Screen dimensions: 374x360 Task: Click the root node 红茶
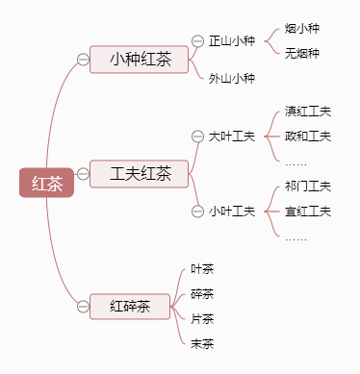tap(46, 183)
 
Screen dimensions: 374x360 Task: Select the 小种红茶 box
tap(140, 60)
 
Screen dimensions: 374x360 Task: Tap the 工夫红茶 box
tap(140, 174)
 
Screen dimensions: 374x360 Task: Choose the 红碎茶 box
tap(130, 307)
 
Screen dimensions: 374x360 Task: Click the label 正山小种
tap(231, 41)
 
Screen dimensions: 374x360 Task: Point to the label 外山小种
tap(231, 78)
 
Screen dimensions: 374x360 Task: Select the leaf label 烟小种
tap(302, 29)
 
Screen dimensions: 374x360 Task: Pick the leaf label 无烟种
tap(302, 53)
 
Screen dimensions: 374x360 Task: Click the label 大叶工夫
tap(231, 137)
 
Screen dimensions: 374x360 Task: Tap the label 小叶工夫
tap(231, 211)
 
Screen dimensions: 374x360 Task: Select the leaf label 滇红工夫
tap(308, 112)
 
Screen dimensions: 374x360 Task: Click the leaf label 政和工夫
tap(308, 137)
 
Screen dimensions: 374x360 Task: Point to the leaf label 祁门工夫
tap(308, 186)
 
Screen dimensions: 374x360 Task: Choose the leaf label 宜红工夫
tap(308, 211)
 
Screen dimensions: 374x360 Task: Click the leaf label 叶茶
tap(202, 269)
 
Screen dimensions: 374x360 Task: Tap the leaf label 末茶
tap(202, 343)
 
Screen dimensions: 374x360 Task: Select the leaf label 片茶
tap(202, 318)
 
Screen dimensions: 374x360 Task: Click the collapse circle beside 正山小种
tap(199, 41)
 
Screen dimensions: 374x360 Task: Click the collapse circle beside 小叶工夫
tap(199, 211)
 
